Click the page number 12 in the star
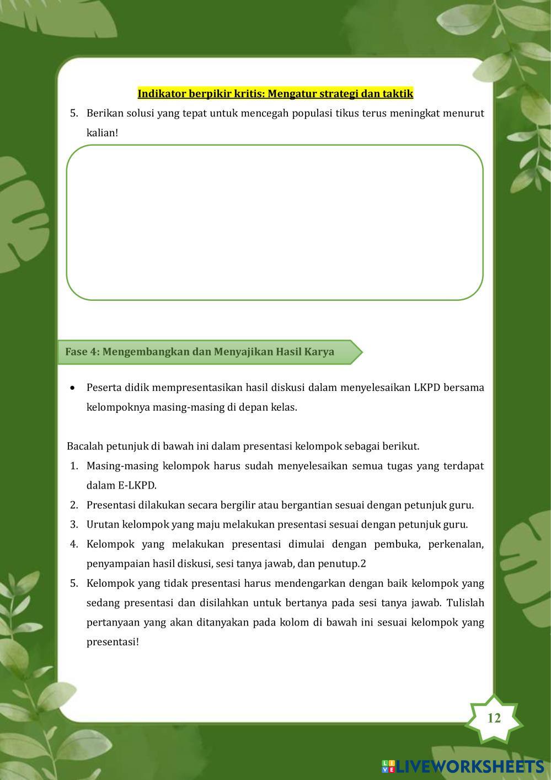point(494,718)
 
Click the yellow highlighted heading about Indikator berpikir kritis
point(275,93)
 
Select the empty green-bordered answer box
point(275,222)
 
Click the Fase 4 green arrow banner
point(210,352)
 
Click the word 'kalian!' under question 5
point(103,133)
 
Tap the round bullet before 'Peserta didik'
point(73,388)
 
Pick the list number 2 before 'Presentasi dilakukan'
point(74,505)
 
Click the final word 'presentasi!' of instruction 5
point(113,642)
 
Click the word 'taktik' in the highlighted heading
point(399,93)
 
